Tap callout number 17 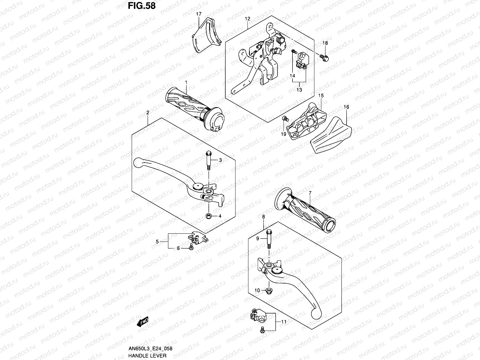[x=199, y=14]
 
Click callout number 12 [x=247, y=19]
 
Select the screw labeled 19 [x=284, y=119]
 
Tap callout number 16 [x=346, y=107]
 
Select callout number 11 [x=284, y=322]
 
